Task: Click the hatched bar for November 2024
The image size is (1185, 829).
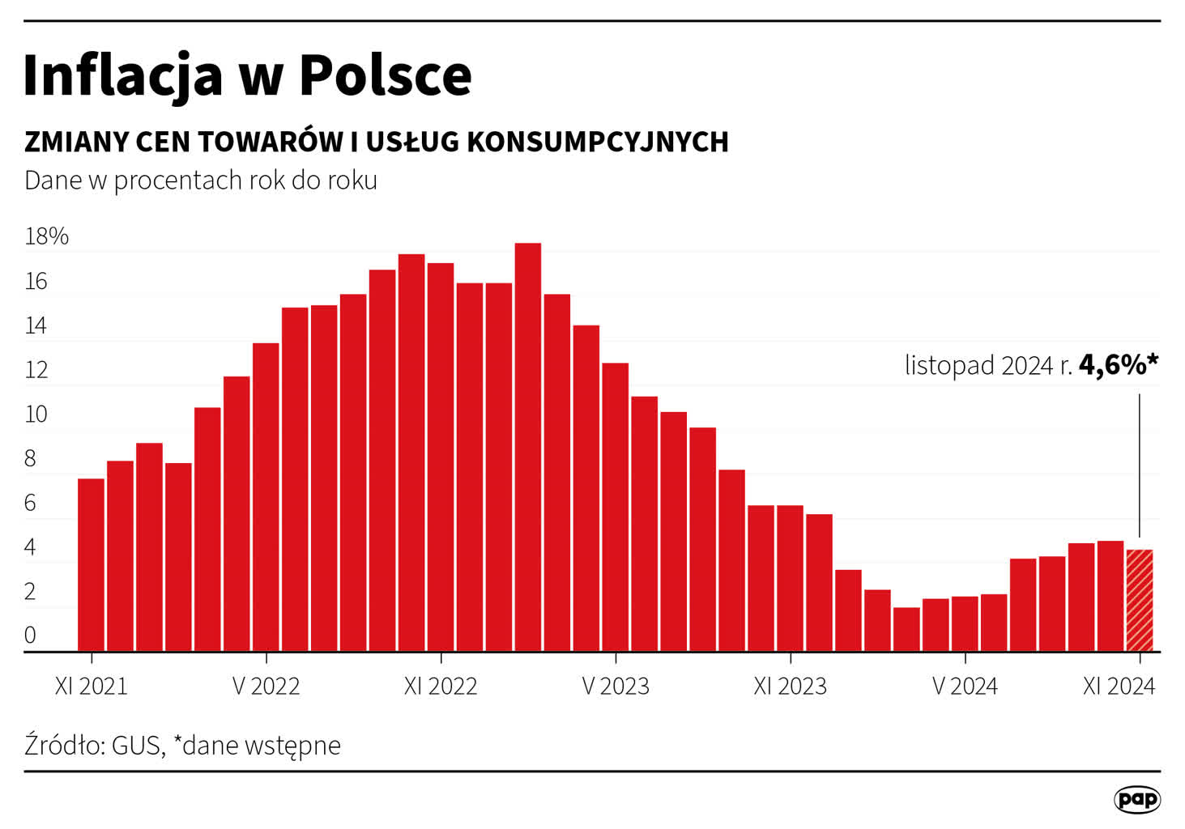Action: pyautogui.click(x=1139, y=600)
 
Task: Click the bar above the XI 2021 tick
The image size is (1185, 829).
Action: pyautogui.click(x=91, y=564)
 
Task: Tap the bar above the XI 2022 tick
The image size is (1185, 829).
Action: pyautogui.click(x=441, y=457)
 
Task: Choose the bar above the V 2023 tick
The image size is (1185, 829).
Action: pyautogui.click(x=616, y=507)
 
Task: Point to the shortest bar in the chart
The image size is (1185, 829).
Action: pyautogui.click(x=906, y=629)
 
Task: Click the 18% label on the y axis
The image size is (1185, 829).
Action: pyautogui.click(x=47, y=236)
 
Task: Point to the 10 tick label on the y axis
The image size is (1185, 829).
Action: pyautogui.click(x=36, y=414)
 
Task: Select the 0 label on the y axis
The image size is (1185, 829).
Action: pyautogui.click(x=30, y=636)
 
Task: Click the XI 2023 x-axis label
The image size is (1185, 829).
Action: pyautogui.click(x=790, y=687)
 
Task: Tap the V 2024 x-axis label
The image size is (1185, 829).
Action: pyautogui.click(x=965, y=687)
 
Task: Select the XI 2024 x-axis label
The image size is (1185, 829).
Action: pyautogui.click(x=1119, y=687)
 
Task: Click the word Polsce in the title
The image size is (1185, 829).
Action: pyautogui.click(x=385, y=75)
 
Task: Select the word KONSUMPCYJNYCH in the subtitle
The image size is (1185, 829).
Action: pyautogui.click(x=598, y=142)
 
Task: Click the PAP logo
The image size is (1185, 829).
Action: pyautogui.click(x=1137, y=800)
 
